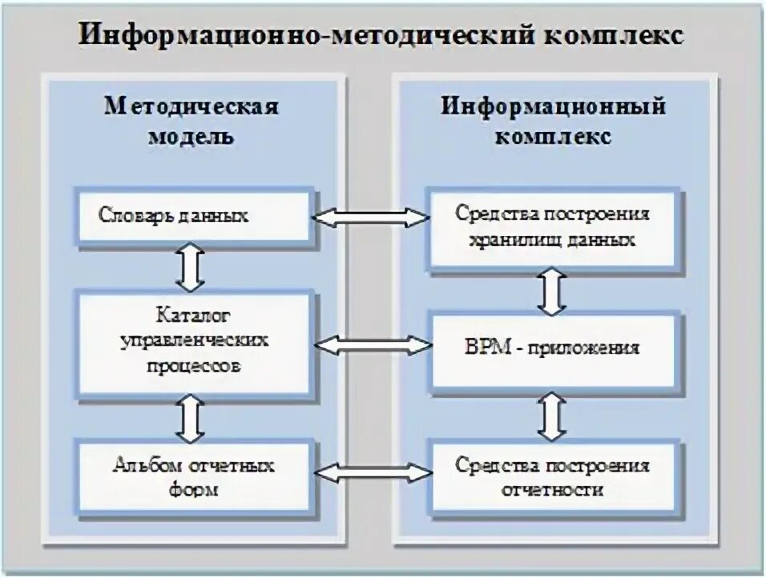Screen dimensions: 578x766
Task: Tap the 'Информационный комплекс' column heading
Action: point(553,121)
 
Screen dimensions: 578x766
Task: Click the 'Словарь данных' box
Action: point(193,215)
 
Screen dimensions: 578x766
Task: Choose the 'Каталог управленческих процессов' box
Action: point(193,343)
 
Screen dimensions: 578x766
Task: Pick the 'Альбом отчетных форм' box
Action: point(193,475)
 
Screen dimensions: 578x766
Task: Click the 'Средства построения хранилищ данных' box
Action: point(552,227)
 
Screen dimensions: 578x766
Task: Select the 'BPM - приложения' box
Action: point(552,348)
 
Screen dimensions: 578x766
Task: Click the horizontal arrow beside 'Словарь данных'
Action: point(371,217)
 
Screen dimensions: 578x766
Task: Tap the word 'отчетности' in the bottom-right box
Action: point(552,489)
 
